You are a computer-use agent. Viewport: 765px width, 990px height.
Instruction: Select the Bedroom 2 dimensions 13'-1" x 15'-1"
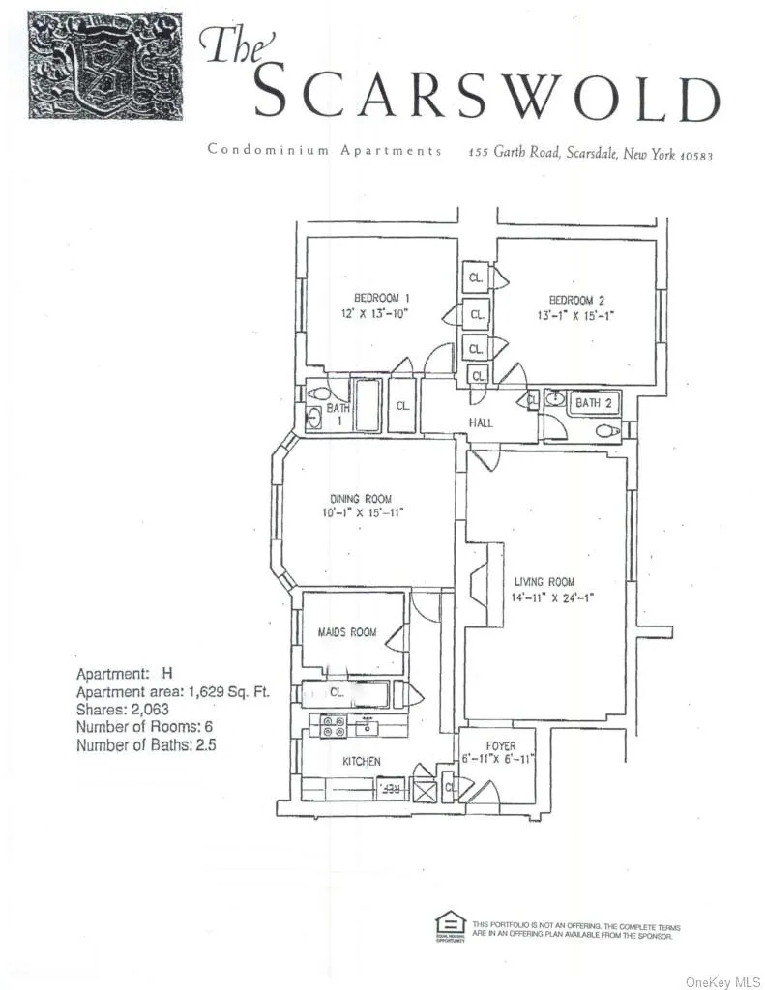pos(576,315)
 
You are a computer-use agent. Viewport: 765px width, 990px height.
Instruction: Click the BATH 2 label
pos(594,402)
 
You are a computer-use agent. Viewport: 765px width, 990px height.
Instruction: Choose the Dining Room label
pos(359,499)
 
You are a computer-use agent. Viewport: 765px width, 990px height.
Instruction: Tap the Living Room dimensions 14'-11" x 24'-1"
pos(544,597)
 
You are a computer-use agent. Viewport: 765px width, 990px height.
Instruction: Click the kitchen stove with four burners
pos(333,727)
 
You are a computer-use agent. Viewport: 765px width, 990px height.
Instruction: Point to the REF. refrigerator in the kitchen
pos(391,789)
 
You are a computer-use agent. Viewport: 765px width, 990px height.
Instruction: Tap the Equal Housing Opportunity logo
pos(450,925)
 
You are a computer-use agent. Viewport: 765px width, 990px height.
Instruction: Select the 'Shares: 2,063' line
pos(118,711)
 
